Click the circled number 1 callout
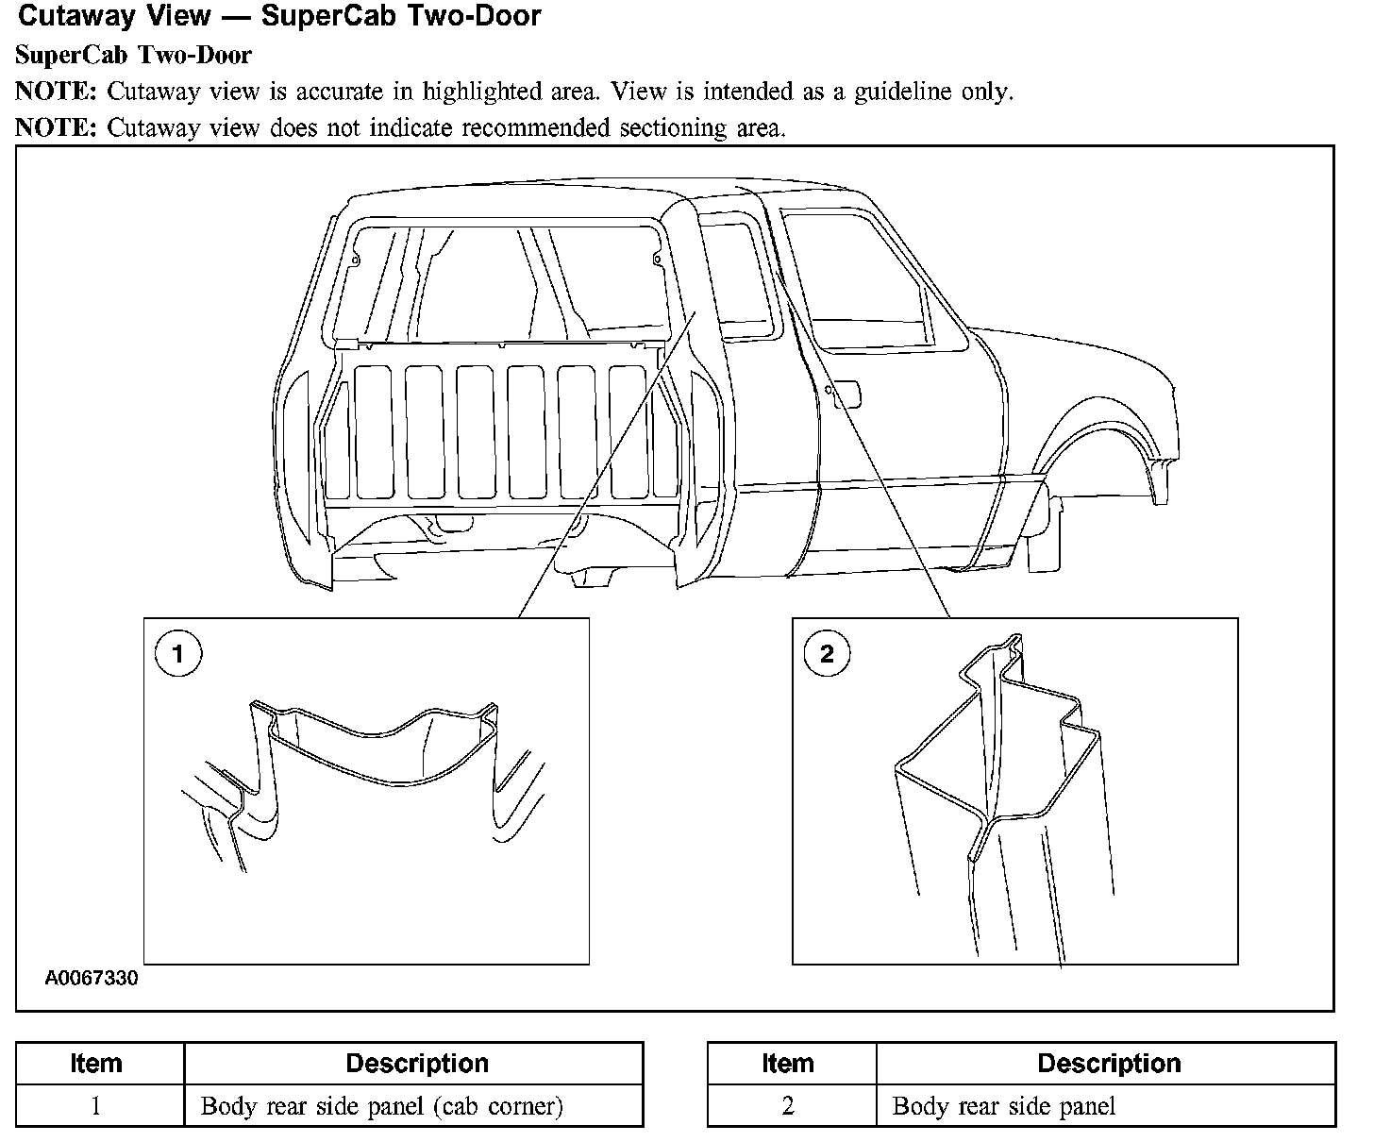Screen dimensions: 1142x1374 [x=177, y=653]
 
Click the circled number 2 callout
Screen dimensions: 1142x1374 [x=827, y=653]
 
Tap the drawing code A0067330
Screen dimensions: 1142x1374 [x=92, y=978]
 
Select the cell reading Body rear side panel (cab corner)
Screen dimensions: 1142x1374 [x=382, y=1106]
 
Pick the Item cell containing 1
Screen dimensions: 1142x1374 [x=95, y=1106]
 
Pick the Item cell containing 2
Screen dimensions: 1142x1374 [x=788, y=1106]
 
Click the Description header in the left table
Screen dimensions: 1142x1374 [x=416, y=1064]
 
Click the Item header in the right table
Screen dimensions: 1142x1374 [x=788, y=1064]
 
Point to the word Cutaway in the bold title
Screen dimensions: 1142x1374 [x=69, y=16]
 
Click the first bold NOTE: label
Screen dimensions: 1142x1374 [x=56, y=92]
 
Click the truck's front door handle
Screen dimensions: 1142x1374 [x=846, y=392]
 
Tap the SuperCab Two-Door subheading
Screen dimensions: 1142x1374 [x=133, y=55]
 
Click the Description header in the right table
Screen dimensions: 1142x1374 [x=1109, y=1064]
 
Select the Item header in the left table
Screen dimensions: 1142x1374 [x=95, y=1064]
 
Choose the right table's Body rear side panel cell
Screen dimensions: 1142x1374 [x=1004, y=1106]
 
